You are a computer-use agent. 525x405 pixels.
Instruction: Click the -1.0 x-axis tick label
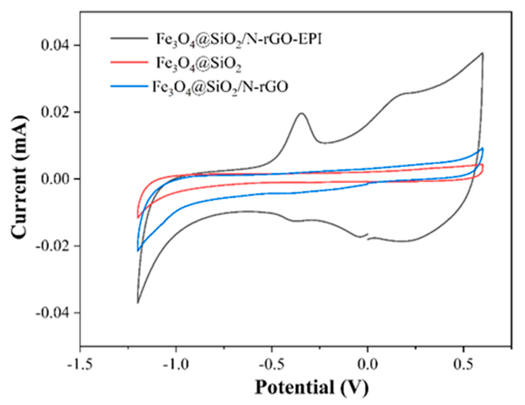coord(176,364)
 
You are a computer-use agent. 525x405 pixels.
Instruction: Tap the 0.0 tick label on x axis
coord(368,364)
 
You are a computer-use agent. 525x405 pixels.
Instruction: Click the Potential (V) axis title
coord(312,387)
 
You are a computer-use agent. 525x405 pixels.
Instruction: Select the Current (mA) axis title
coord(20,178)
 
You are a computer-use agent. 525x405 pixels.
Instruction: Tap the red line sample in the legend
coord(129,62)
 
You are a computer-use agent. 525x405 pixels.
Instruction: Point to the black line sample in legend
coord(129,38)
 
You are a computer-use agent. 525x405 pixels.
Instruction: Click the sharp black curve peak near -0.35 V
coord(302,113)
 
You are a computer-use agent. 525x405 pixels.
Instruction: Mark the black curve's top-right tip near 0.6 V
coord(482,53)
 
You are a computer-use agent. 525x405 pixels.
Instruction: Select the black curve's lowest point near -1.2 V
coord(138,303)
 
